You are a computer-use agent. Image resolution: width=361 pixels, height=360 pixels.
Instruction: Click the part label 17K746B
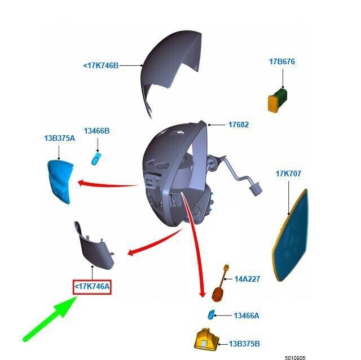[x=101, y=65]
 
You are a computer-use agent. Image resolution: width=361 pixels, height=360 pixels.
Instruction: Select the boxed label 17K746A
[x=92, y=287]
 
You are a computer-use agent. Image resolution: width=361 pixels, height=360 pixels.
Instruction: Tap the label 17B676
[x=282, y=61]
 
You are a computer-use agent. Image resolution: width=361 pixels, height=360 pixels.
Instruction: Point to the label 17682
[x=239, y=125]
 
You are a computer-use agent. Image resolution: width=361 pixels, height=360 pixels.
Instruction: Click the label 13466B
[x=96, y=131]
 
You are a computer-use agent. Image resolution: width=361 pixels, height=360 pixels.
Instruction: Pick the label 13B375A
[x=60, y=139]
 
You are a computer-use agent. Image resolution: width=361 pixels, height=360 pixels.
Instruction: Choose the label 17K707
[x=288, y=174]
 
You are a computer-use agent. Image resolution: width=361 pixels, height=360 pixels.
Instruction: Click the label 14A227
[x=247, y=279]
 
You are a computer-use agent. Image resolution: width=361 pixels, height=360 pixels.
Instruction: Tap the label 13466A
[x=246, y=315]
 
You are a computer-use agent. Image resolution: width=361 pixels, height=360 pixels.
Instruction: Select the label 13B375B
[x=244, y=344]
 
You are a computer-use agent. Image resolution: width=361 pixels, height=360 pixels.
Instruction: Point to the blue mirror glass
[x=290, y=235]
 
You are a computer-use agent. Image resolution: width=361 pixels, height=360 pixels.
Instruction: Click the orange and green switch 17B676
[x=278, y=100]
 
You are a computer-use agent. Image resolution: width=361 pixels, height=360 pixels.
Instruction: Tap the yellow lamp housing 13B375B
[x=206, y=340]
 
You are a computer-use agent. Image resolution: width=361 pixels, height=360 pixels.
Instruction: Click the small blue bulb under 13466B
[x=95, y=158]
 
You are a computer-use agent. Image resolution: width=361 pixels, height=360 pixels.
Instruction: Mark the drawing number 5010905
[x=295, y=358]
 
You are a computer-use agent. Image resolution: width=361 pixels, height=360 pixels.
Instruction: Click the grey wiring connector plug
[x=255, y=189]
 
